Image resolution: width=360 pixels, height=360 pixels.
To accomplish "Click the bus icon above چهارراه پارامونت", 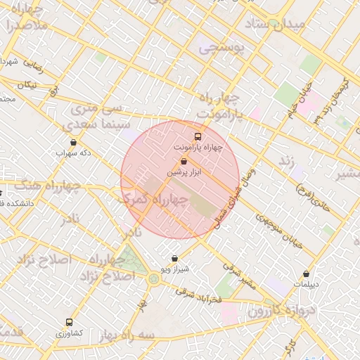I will [198, 137].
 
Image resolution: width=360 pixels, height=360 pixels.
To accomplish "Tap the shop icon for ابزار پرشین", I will [184, 161].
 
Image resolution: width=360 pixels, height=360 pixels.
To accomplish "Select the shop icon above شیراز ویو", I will [175, 258].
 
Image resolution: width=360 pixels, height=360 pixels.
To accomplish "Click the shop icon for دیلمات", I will [306, 274].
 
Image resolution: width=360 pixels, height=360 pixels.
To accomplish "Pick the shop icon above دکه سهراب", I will [74, 143].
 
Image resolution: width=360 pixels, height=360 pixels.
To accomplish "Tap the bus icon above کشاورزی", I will [68, 321].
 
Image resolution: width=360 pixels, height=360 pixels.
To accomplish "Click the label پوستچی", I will [221, 49].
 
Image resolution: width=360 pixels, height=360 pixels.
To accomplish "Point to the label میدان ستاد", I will [276, 25].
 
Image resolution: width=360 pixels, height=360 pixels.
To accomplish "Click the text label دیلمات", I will [306, 285].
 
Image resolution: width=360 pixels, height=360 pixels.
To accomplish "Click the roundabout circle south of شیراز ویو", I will [154, 279].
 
